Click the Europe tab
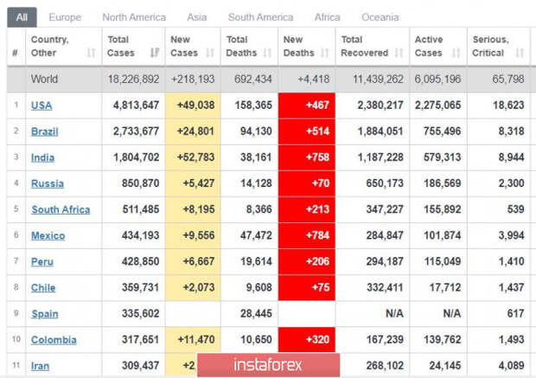[65, 17]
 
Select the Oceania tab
[380, 17]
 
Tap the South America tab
[260, 17]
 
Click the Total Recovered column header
[365, 46]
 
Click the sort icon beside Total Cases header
[155, 53]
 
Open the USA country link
[41, 106]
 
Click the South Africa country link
[61, 209]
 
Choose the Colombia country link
[54, 340]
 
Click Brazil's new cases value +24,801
[195, 131]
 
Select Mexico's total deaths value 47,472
[256, 235]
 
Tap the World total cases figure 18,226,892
[134, 80]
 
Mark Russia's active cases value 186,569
[443, 183]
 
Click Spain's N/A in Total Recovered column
[394, 313]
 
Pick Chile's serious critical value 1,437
[511, 287]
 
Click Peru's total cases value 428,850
[141, 261]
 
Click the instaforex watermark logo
[268, 365]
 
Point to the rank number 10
[16, 339]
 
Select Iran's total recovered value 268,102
[385, 366]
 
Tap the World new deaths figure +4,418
[314, 80]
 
